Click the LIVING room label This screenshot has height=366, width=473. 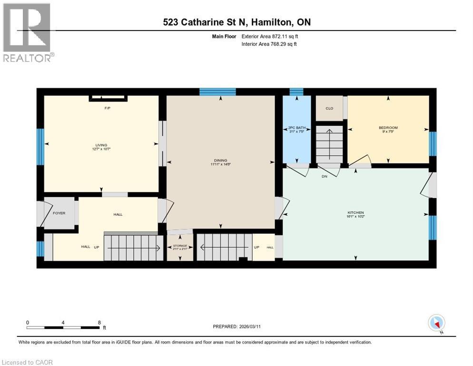pyautogui.click(x=101, y=145)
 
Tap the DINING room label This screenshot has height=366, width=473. pyautogui.click(x=220, y=161)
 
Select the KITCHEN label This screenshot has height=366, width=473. pyautogui.click(x=355, y=213)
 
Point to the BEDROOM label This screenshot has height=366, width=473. pyautogui.click(x=388, y=128)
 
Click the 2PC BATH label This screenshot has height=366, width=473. pyautogui.click(x=296, y=128)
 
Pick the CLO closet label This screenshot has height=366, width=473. pyautogui.click(x=329, y=108)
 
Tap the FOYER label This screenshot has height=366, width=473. pyautogui.click(x=59, y=213)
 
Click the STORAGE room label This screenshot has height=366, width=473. pyautogui.click(x=180, y=246)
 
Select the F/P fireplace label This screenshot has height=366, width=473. pyautogui.click(x=108, y=108)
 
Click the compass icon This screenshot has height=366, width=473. pyautogui.click(x=436, y=323)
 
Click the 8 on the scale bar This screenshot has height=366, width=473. pyautogui.click(x=99, y=322)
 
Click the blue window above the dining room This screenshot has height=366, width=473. pyautogui.click(x=217, y=91)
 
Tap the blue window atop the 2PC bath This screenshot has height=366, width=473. pyautogui.click(x=296, y=91)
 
